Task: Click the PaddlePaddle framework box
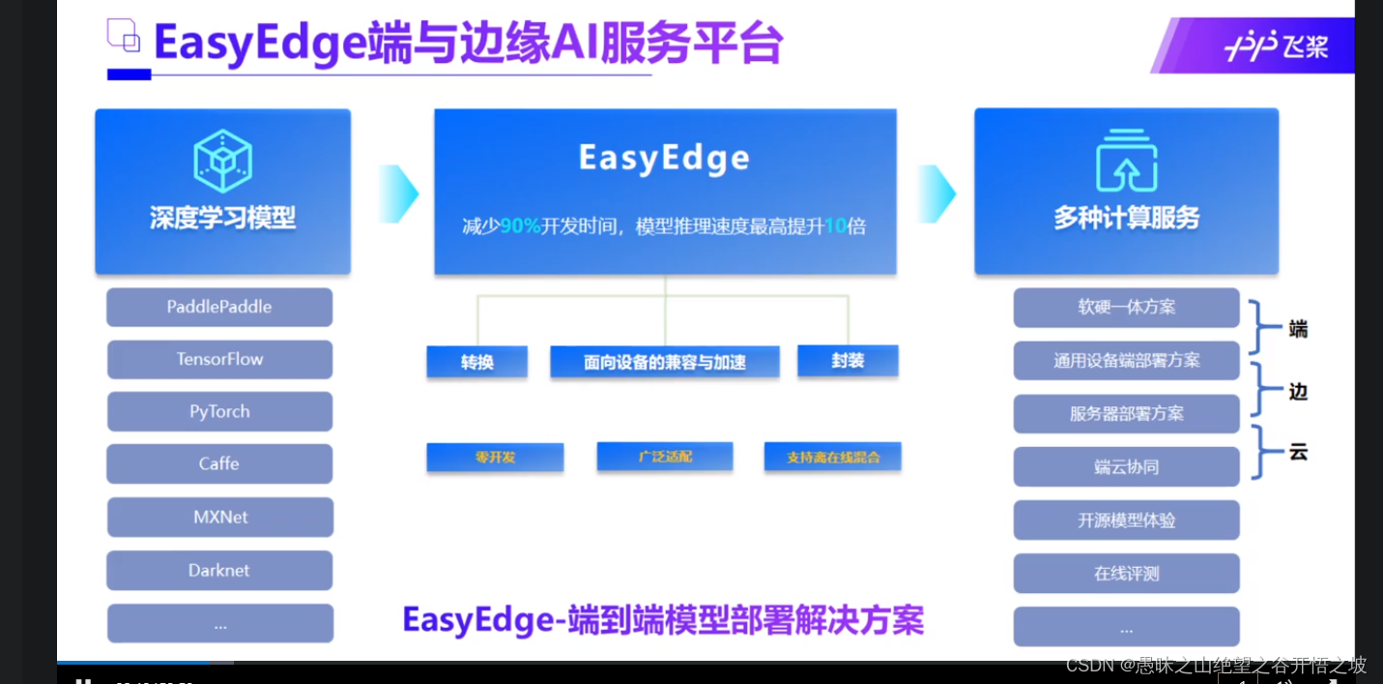(x=219, y=307)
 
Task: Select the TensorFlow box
(x=219, y=359)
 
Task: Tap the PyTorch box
(x=219, y=411)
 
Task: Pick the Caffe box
(x=219, y=463)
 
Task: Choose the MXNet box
(x=220, y=517)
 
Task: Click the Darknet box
(x=219, y=570)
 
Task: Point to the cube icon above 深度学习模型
(x=222, y=160)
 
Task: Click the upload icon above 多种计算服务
(x=1126, y=161)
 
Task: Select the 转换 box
(x=477, y=362)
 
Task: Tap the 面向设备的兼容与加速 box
(x=665, y=362)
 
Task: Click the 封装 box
(x=848, y=361)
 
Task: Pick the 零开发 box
(x=495, y=457)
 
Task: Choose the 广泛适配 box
(x=665, y=457)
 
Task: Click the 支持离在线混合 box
(x=832, y=457)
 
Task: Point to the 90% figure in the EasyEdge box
(x=520, y=226)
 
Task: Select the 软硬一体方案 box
(x=1126, y=308)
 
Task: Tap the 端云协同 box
(x=1126, y=466)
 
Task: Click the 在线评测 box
(x=1126, y=573)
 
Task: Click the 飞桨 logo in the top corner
(x=1276, y=46)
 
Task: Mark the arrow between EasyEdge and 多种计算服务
(x=936, y=193)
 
